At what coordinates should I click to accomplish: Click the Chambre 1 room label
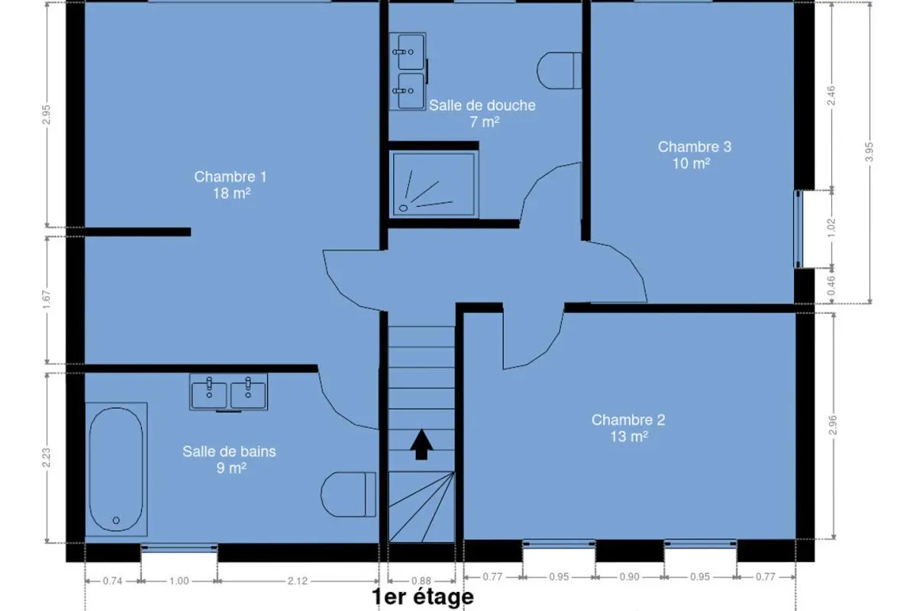(231, 176)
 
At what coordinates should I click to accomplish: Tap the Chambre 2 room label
(628, 420)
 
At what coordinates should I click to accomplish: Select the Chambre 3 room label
(695, 147)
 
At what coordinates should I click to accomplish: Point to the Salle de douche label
(482, 105)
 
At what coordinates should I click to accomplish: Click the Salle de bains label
(229, 451)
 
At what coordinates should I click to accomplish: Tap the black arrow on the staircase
(421, 445)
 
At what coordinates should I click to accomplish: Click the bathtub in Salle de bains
(116, 470)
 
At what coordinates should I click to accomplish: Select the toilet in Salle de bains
(348, 494)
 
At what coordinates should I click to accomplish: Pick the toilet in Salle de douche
(559, 70)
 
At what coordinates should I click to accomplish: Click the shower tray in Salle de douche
(434, 185)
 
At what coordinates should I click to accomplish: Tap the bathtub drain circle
(116, 521)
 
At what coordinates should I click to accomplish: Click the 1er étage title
(423, 597)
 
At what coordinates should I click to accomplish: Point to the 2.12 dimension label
(297, 580)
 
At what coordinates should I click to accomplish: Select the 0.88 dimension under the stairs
(421, 580)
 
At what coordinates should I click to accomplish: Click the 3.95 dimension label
(869, 152)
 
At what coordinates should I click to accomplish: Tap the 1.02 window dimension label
(831, 228)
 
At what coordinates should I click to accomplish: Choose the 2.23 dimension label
(47, 457)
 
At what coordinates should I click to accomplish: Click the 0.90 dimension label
(629, 577)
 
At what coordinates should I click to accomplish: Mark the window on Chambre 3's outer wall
(798, 229)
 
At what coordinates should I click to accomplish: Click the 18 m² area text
(231, 193)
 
